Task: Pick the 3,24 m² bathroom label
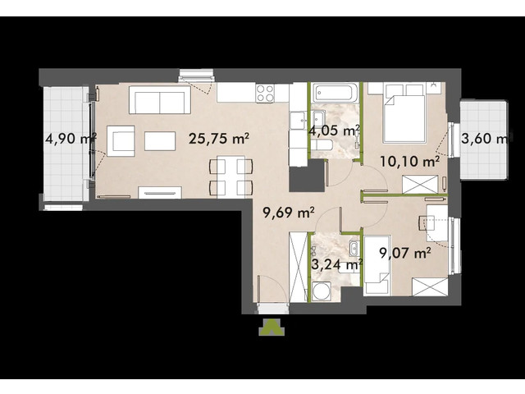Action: (337, 264)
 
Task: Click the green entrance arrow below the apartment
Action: (271, 327)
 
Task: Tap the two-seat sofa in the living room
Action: (161, 103)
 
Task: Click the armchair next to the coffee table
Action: (122, 140)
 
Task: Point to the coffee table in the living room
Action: (160, 140)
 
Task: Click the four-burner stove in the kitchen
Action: (266, 93)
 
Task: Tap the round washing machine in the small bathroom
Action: (320, 291)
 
